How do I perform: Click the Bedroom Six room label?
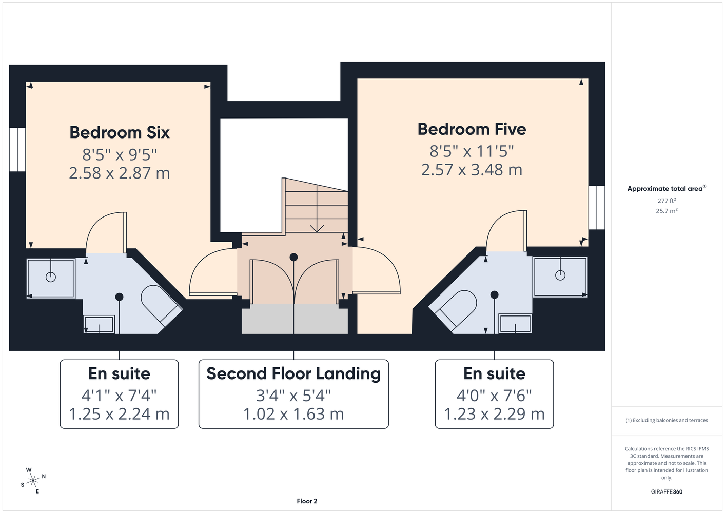click(x=120, y=132)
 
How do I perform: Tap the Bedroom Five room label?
click(x=472, y=129)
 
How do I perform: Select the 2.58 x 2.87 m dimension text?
click(x=120, y=173)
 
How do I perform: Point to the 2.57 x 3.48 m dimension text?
click(x=472, y=170)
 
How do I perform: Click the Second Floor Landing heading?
click(x=293, y=373)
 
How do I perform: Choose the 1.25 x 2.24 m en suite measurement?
click(x=119, y=413)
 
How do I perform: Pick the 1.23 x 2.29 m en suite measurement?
click(x=494, y=413)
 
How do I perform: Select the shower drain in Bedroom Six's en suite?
click(x=51, y=277)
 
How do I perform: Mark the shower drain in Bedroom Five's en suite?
click(x=560, y=275)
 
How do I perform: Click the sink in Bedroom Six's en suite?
click(x=99, y=324)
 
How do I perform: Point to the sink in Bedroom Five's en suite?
click(x=515, y=323)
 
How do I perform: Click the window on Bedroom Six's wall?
click(x=17, y=149)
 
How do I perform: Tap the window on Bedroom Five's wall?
click(x=597, y=207)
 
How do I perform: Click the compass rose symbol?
click(x=33, y=481)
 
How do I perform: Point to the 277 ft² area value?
click(x=667, y=201)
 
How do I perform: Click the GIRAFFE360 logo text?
click(x=667, y=491)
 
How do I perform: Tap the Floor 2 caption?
click(x=307, y=501)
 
